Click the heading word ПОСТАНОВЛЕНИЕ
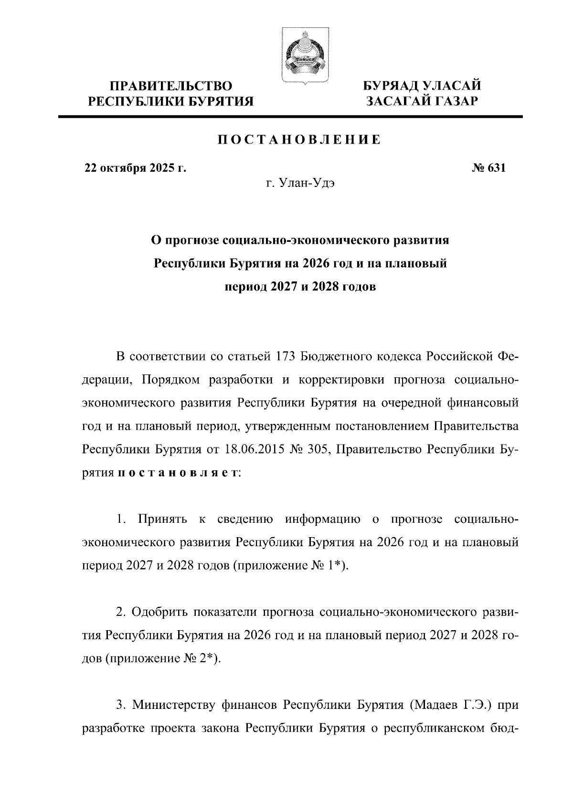tap(299, 140)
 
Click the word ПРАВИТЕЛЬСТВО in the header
tap(171, 86)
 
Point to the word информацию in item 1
tap(322, 519)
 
